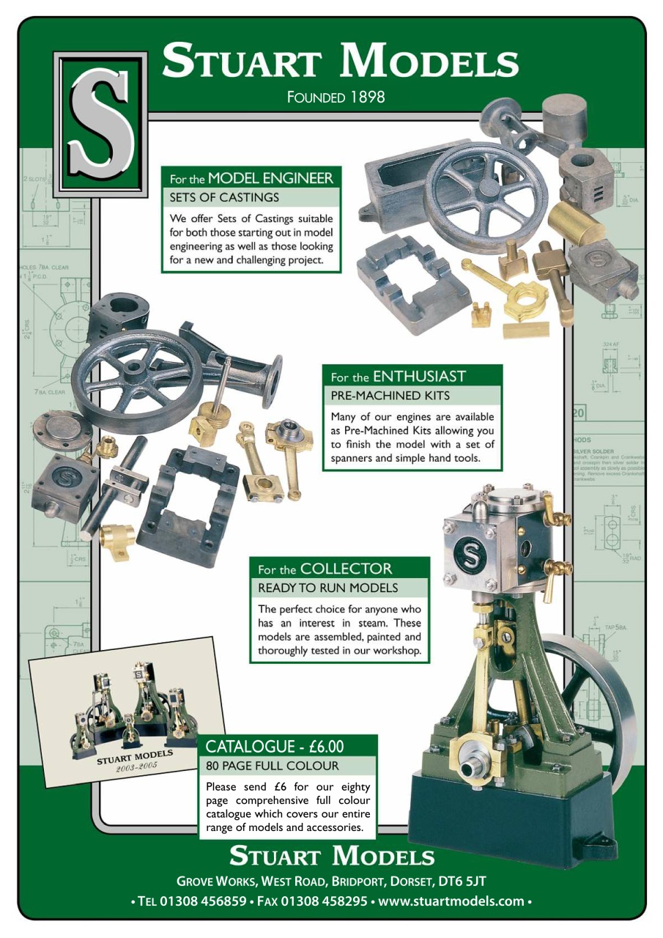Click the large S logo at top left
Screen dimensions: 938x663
coord(100,124)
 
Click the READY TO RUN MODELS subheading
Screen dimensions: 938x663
coord(327,588)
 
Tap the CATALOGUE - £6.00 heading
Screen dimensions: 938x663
coord(275,747)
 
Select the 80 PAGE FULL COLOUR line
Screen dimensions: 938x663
coord(272,766)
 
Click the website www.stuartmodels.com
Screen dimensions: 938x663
coord(453,901)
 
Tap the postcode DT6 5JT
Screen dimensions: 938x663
coord(462,880)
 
